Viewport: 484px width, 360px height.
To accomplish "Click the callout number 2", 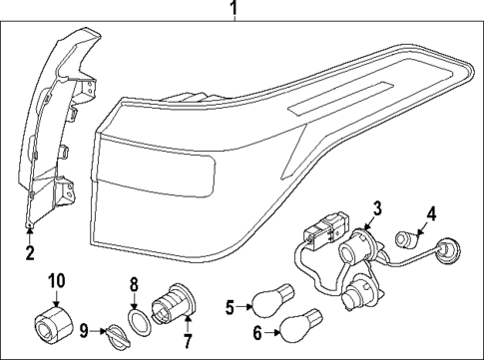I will coord(29,252).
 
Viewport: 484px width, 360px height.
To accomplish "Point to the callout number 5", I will coord(229,306).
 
